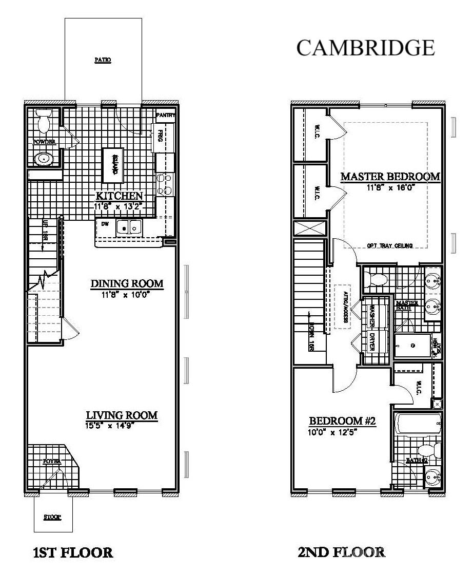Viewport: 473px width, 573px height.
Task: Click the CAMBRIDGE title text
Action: pyautogui.click(x=366, y=48)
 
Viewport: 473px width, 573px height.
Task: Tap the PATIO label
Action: pyautogui.click(x=103, y=60)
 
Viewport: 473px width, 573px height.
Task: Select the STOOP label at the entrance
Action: pyautogui.click(x=52, y=517)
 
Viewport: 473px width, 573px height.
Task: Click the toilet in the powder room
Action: pyautogui.click(x=44, y=122)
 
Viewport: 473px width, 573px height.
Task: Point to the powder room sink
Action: pyautogui.click(x=44, y=159)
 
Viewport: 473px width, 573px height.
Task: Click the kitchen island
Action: pyautogui.click(x=114, y=165)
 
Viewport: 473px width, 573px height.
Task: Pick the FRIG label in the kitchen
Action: pyautogui.click(x=160, y=136)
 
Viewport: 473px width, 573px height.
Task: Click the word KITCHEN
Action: pyautogui.click(x=120, y=196)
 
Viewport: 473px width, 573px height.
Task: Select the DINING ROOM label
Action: pyautogui.click(x=127, y=283)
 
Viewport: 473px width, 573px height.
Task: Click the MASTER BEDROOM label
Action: pyautogui.click(x=390, y=177)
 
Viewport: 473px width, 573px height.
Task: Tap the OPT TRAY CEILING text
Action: pyautogui.click(x=390, y=245)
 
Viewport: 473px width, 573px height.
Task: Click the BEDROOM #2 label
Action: pyautogui.click(x=343, y=421)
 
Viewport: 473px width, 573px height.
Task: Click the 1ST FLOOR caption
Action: pyautogui.click(x=72, y=553)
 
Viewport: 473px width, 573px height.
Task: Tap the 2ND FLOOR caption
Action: pyautogui.click(x=341, y=553)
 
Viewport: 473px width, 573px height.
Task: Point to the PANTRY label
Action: pyautogui.click(x=166, y=116)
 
